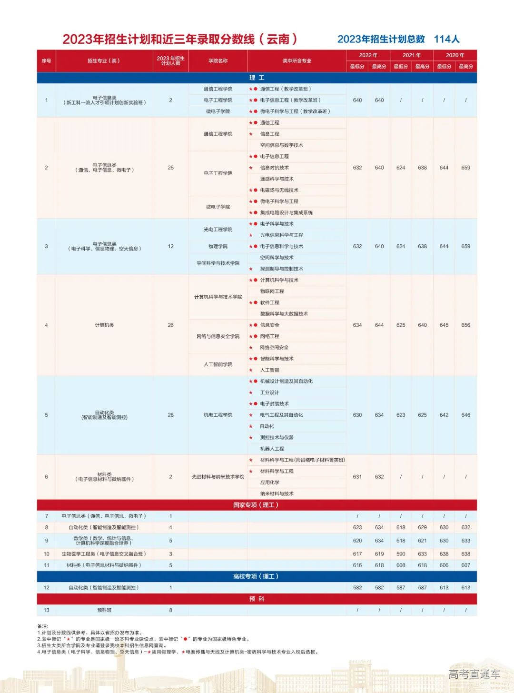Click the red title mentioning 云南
[180, 39]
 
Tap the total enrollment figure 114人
[446, 39]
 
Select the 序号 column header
[46, 61]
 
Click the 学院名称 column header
[218, 61]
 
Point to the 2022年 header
[368, 55]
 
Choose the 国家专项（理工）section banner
[256, 505]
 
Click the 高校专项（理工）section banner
[256, 576]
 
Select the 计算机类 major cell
[104, 325]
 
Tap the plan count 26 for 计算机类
[170, 325]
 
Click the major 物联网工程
[272, 291]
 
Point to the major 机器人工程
[272, 449]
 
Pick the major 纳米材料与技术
[277, 494]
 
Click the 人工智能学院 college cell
[218, 364]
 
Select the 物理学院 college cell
[218, 246]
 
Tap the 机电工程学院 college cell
[218, 415]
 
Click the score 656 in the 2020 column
[465, 325]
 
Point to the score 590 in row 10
[401, 554]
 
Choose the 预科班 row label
[104, 610]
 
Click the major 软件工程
[269, 303]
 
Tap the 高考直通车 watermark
[474, 674]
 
